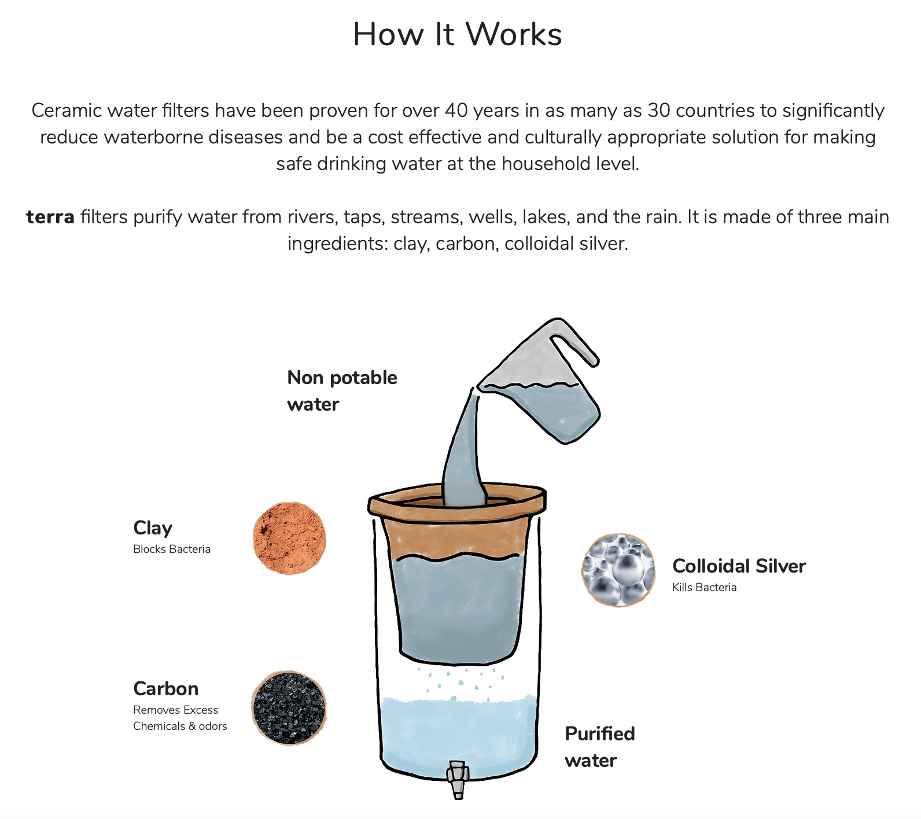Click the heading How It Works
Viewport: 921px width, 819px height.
point(457,34)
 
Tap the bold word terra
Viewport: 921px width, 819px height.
point(50,217)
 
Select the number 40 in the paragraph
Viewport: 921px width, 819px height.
point(456,110)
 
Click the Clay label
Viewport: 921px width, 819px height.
point(153,528)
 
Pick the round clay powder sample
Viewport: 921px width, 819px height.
point(289,538)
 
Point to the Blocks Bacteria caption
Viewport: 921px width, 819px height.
point(172,549)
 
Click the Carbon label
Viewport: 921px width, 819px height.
point(166,689)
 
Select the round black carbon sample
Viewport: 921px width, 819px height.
point(289,708)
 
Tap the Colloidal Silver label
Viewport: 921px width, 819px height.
point(739,566)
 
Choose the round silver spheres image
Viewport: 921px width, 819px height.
point(618,570)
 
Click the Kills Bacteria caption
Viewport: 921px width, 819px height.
point(704,588)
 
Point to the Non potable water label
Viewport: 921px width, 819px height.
point(342,391)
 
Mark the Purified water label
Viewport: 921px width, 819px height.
point(599,747)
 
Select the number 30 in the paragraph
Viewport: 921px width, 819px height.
point(659,110)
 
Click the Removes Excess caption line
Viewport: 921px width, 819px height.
point(176,710)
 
